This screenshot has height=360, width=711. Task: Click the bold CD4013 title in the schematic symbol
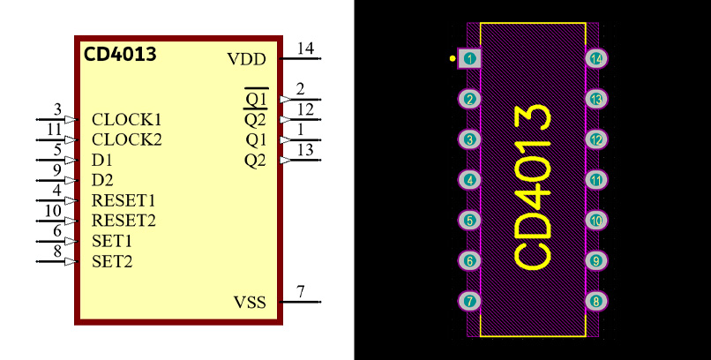tap(120, 54)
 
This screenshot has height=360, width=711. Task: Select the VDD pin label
tap(245, 59)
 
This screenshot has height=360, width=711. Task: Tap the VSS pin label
tap(249, 303)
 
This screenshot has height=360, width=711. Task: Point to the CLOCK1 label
tap(127, 119)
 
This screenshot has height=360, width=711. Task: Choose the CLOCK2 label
tap(127, 139)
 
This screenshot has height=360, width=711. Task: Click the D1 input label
tap(102, 161)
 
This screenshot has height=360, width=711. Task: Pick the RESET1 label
tap(123, 200)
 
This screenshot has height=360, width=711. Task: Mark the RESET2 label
tap(123, 221)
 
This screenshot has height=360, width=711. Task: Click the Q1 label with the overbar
tap(256, 99)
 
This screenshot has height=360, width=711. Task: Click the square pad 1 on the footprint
tap(470, 58)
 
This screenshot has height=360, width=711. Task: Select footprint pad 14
tap(596, 58)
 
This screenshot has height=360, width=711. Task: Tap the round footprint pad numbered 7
tap(470, 301)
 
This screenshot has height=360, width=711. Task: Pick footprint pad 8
tap(596, 301)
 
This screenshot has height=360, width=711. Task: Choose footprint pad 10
tap(596, 221)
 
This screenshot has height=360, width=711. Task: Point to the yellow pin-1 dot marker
tap(453, 58)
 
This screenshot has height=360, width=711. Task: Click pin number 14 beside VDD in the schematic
tap(305, 48)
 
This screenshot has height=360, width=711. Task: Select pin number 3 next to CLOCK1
tap(57, 109)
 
